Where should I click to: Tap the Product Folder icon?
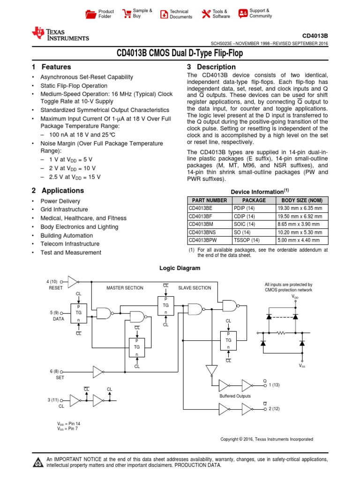pyautogui.click(x=90, y=14)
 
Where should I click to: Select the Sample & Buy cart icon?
pyautogui.click(x=127, y=14)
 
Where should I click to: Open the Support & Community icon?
pyautogui.click(x=243, y=14)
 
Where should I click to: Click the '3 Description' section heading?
pyautogui.click(x=211, y=67)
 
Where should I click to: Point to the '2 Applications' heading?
pyautogui.click(x=58, y=190)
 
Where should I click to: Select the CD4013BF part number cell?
pyautogui.click(x=201, y=216)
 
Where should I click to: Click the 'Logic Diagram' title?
pyautogui.click(x=180, y=268)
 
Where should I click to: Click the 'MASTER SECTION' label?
pyautogui.click(x=125, y=288)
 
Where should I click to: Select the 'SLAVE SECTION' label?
pyautogui.click(x=195, y=288)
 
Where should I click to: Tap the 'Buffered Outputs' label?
pyautogui.click(x=236, y=396)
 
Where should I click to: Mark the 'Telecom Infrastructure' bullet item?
pyautogui.click(x=70, y=244)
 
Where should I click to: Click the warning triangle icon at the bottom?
pyautogui.click(x=37, y=463)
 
